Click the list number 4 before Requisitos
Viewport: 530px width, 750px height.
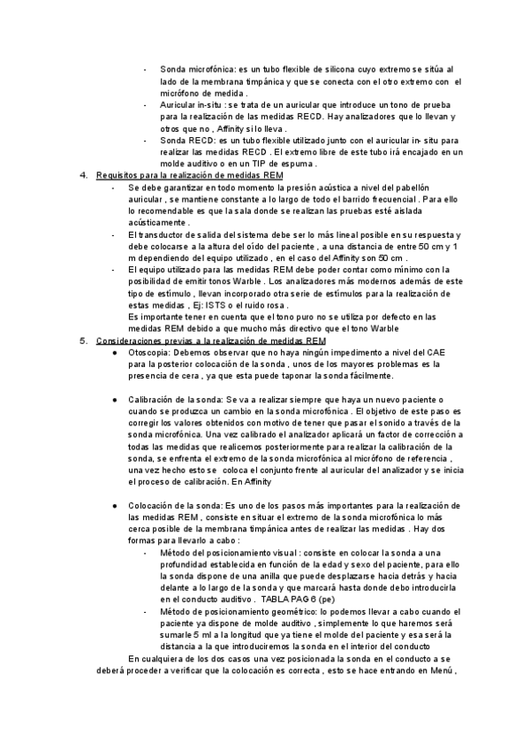(83, 176)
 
